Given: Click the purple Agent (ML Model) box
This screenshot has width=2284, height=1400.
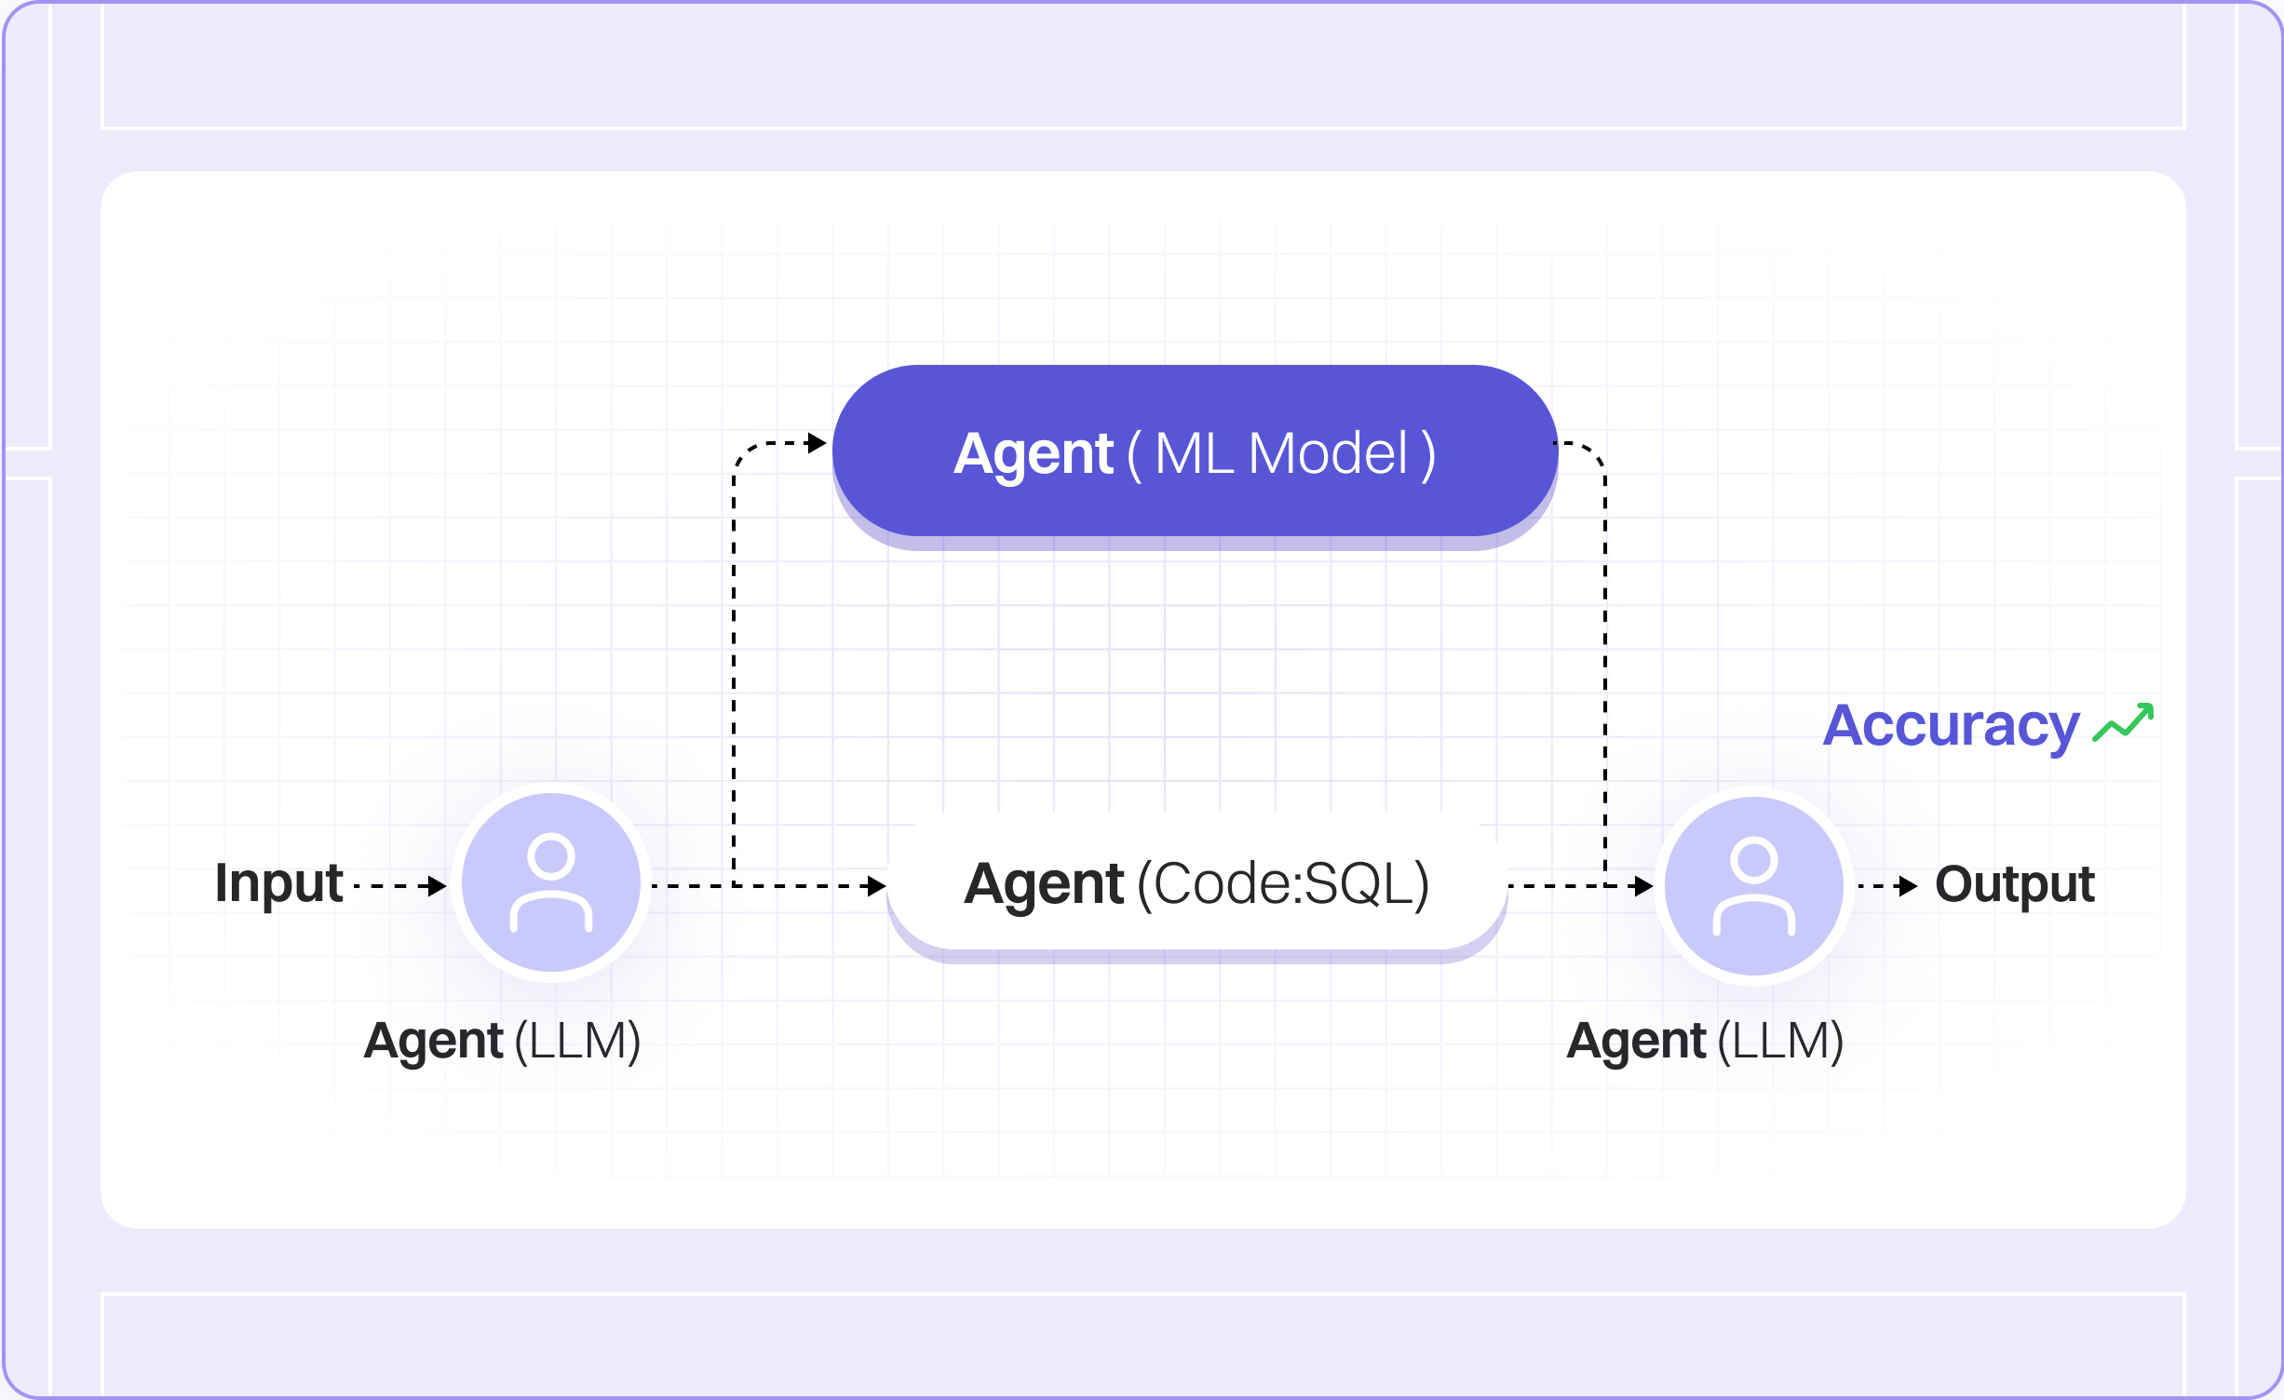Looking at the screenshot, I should pos(1195,451).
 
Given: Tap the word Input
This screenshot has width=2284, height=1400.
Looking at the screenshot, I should pos(278,882).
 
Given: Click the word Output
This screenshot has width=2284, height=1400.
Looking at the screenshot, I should pos(2014,883).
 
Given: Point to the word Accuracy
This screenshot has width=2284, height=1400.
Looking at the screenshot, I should pos(1951,726).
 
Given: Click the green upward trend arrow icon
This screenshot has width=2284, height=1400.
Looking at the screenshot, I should pos(2124,723).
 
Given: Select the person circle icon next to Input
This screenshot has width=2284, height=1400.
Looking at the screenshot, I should pos(551,882).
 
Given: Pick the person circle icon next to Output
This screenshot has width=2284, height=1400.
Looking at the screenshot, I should pos(1754,885).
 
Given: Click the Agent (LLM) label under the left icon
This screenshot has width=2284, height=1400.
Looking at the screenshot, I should pos(502,1041).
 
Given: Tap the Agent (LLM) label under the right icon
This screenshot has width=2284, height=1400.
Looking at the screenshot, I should pos(1705,1041).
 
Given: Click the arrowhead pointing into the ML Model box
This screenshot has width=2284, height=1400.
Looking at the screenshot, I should pos(818,443).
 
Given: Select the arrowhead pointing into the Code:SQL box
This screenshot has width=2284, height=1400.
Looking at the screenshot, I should pos(876,885).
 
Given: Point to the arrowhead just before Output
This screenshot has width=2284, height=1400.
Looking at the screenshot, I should pos(1908,885).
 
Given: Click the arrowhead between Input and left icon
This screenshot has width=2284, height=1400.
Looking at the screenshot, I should pos(437,885).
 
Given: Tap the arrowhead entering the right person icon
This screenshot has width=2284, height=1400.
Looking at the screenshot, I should pos(1643,885).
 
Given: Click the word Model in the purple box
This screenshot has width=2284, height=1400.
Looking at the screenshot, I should pos(1328,453).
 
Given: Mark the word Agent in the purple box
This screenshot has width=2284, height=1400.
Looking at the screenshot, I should pos(1034,453).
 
